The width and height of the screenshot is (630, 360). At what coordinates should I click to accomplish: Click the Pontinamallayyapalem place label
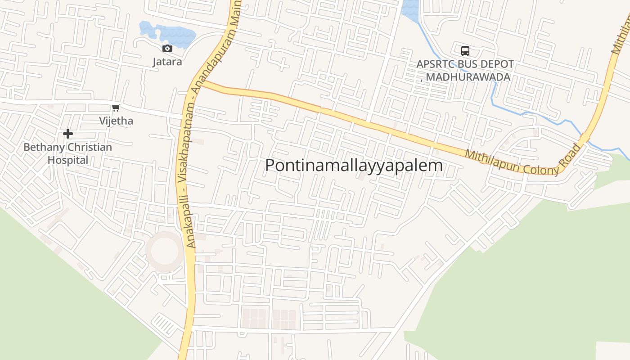354,166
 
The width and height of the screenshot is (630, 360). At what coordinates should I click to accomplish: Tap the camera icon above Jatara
167,48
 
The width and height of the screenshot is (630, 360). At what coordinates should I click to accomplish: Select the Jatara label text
167,62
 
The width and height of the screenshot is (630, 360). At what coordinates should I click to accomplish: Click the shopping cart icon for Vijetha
116,108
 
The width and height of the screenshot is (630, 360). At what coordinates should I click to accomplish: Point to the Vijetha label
116,121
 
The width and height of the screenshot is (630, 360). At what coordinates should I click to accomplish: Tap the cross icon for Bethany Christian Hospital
68,134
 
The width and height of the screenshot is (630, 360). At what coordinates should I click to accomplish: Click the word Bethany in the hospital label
44,147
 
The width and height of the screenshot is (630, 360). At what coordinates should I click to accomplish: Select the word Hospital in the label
68,160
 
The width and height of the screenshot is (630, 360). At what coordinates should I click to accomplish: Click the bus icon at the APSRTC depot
465,50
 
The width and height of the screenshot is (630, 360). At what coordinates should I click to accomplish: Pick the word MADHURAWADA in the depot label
468,77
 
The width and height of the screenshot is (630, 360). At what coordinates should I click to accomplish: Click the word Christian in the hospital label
90,147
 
